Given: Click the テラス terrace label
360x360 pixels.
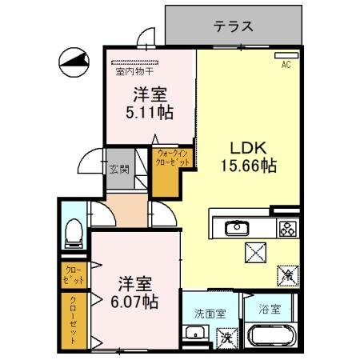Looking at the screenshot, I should (x=234, y=26).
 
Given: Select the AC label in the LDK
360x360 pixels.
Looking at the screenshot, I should (x=285, y=66).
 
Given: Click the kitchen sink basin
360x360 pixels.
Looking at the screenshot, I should (x=237, y=229).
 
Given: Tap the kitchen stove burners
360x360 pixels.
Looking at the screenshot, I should (x=286, y=228).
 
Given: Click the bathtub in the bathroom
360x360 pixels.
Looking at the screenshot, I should (x=270, y=338).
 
